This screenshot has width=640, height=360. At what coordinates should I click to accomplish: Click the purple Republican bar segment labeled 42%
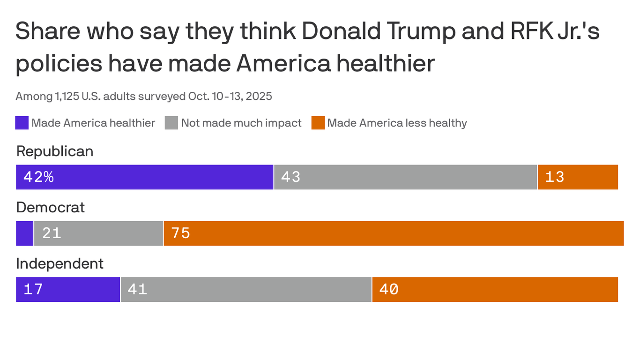[145, 177]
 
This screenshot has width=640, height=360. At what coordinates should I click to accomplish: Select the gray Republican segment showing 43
[405, 177]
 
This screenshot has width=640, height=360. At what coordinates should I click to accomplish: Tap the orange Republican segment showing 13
[578, 177]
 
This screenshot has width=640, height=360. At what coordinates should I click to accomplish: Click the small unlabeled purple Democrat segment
[24, 233]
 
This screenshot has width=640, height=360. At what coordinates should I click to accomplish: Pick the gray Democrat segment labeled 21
[98, 233]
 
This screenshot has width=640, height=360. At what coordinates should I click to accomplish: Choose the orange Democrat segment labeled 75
[394, 233]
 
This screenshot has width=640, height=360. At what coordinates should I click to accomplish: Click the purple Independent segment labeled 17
[68, 289]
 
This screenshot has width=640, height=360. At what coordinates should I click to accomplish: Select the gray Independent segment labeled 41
[246, 289]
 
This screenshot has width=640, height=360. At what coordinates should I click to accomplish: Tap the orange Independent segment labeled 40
[495, 289]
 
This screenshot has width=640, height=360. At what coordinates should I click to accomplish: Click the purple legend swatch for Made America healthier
[22, 123]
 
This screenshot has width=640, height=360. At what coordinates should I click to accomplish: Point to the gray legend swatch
[171, 123]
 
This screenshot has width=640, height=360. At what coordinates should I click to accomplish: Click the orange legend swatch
[318, 123]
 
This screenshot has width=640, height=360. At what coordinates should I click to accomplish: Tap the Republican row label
[55, 151]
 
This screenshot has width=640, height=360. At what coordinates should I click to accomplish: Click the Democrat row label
[51, 207]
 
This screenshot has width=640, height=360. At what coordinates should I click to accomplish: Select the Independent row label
[60, 264]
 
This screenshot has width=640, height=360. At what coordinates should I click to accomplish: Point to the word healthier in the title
[386, 63]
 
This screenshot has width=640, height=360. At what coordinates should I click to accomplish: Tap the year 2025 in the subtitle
[259, 97]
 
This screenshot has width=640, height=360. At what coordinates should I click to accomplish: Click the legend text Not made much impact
[241, 123]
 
